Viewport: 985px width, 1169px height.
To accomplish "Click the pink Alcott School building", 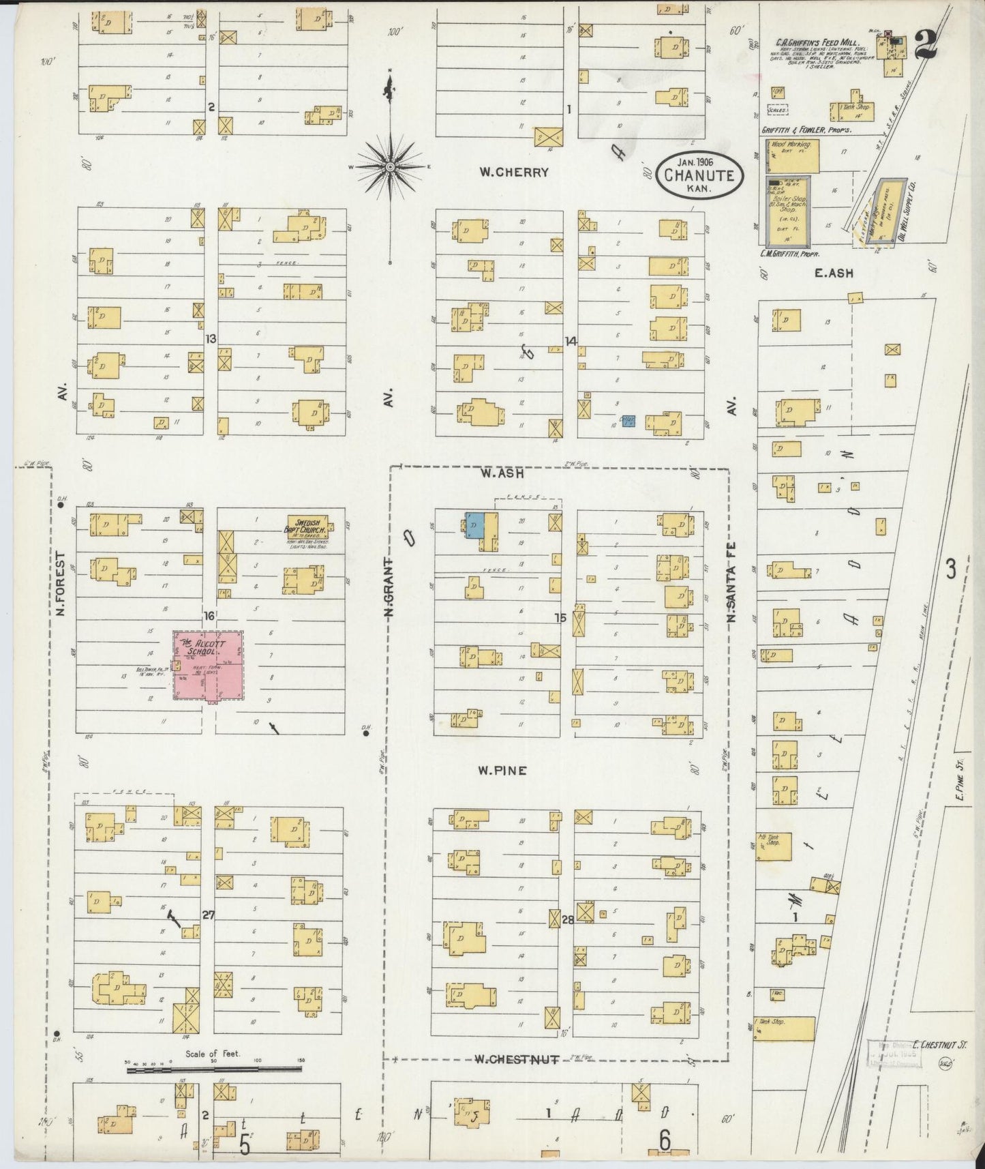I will tap(208, 667).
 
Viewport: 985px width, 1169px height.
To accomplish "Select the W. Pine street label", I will tap(502, 771).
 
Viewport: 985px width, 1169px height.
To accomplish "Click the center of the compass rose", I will tap(389, 166).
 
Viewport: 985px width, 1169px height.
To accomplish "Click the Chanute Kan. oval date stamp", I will tap(699, 175).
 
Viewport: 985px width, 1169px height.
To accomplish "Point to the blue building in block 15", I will tap(474, 525).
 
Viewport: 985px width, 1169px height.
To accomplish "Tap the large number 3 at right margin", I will tap(950, 568).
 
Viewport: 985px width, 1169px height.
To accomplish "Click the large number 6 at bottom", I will tap(665, 1140).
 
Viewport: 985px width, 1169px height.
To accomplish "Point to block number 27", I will tap(208, 915).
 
